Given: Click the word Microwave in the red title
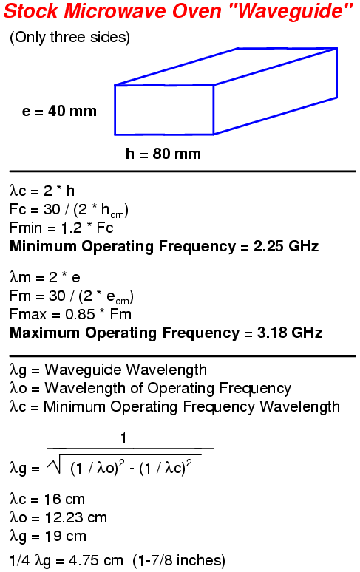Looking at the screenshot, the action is pos(115,10).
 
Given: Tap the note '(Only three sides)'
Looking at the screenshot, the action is pos(69,37).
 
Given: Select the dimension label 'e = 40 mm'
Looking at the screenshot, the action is pos(59,111).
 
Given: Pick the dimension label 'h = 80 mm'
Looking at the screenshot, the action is pos(163,154).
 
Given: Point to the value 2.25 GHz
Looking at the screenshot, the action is pos(286,246).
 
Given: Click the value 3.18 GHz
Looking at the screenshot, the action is pos(290,333).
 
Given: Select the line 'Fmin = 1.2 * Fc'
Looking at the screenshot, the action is pos(61,228).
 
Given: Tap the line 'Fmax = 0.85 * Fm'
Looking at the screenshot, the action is pos(70,315).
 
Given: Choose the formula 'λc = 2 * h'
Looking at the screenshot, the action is pos(42,191).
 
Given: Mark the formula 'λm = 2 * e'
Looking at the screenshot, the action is pos(45,277).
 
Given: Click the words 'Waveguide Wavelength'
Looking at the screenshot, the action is pos(126,370).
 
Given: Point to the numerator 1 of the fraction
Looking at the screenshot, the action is pos(123,438).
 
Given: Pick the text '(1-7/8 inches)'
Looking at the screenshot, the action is pos(179,561).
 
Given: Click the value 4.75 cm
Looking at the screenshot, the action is pos(95,561).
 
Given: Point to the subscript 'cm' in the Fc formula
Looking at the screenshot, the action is pos(118,215).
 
